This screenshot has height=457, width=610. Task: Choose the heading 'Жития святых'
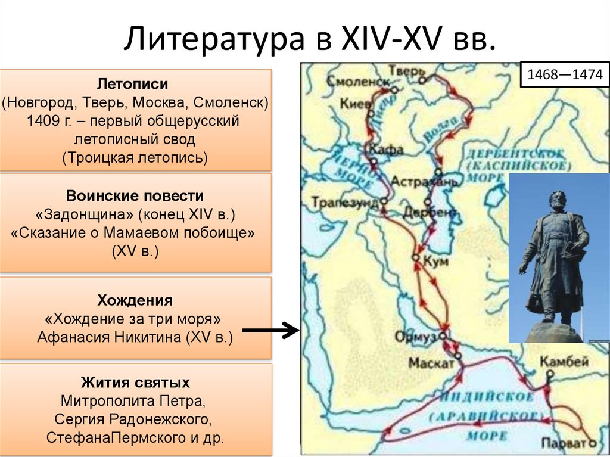coord(136,381)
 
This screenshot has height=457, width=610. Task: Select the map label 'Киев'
coord(353,103)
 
